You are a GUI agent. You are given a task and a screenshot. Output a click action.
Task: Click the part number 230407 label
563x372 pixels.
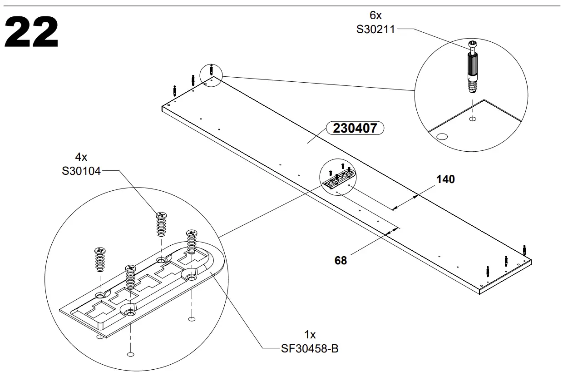pos(355,129)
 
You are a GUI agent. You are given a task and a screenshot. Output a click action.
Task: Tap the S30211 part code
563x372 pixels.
pos(375,30)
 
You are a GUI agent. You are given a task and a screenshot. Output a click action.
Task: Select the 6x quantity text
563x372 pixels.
pos(375,16)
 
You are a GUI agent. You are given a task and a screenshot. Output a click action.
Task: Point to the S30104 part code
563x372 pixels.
pos(81,171)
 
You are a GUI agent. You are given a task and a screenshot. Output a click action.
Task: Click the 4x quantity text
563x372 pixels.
pos(81,157)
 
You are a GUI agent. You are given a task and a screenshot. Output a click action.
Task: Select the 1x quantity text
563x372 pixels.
pos(310,335)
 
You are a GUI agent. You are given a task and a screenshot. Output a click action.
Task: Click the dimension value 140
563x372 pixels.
pos(445,179)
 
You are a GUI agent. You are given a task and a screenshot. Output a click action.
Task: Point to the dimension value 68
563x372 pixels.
pos(341,260)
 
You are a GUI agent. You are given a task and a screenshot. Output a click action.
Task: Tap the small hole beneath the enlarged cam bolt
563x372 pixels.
pos(473,119)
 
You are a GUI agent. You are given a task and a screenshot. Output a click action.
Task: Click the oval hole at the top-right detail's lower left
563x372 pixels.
pos(441,136)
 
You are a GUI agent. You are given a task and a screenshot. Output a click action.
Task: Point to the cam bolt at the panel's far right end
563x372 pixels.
pos(524,249)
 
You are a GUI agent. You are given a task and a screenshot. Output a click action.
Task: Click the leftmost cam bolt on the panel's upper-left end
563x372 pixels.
pos(174,89)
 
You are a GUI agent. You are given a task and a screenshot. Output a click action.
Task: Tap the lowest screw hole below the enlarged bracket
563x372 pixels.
pos(131,354)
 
